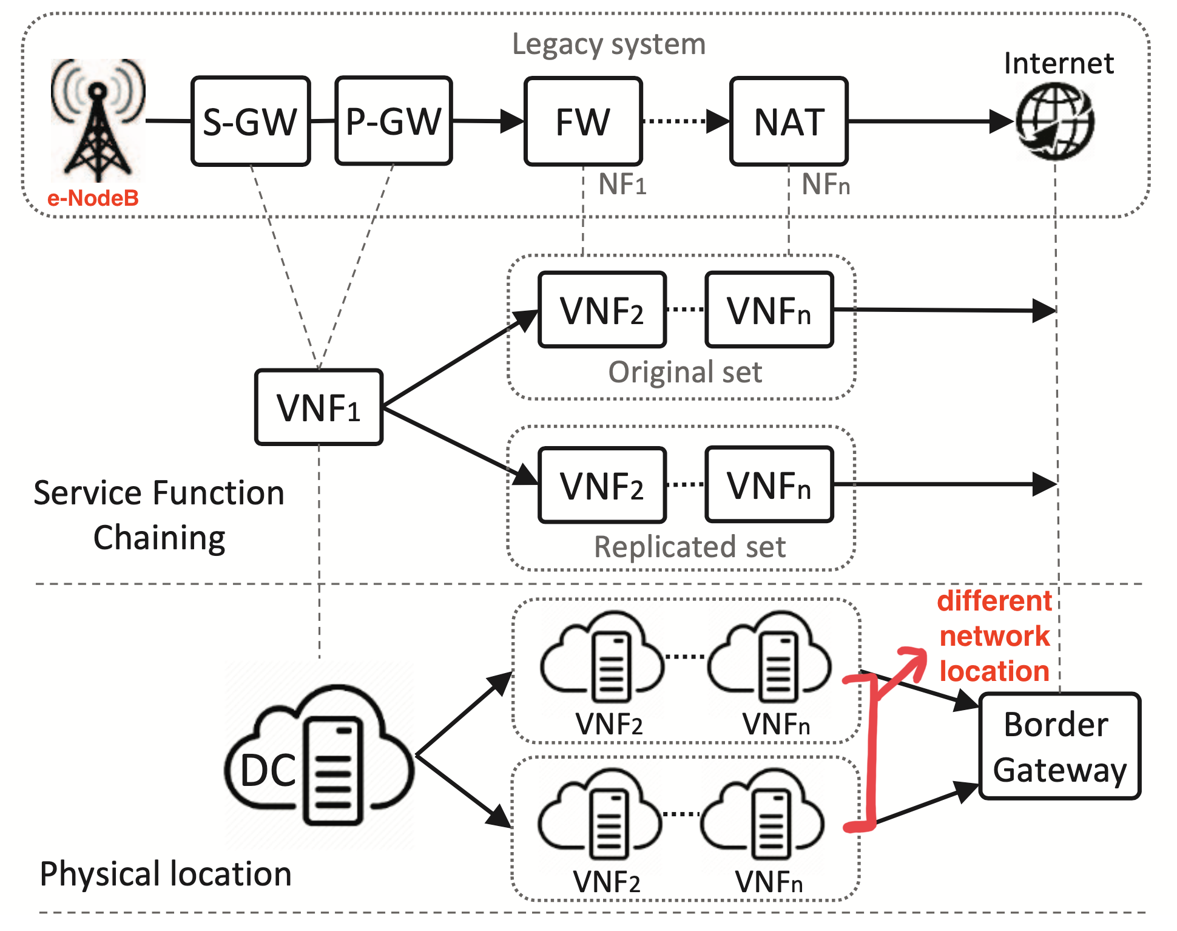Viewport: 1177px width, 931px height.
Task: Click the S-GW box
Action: pyautogui.click(x=251, y=121)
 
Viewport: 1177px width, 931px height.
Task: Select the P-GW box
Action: pyautogui.click(x=394, y=121)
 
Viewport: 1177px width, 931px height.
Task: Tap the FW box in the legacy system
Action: pyautogui.click(x=583, y=121)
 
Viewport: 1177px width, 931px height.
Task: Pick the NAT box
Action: pyautogui.click(x=789, y=121)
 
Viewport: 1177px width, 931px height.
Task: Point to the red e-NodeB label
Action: pyautogui.click(x=93, y=198)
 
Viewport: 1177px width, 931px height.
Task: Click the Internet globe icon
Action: pyautogui.click(x=1055, y=121)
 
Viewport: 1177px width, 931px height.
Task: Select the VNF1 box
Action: pyautogui.click(x=319, y=407)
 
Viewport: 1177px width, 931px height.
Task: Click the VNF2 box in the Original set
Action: pyautogui.click(x=602, y=310)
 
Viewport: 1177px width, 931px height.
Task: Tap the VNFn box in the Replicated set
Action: pyautogui.click(x=769, y=485)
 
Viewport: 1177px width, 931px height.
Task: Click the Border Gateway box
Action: pyautogui.click(x=1060, y=746)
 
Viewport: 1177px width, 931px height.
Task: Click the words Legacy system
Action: pyautogui.click(x=609, y=44)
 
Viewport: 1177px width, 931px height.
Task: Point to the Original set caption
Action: pyautogui.click(x=685, y=372)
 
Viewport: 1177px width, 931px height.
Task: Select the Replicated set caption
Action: pyautogui.click(x=689, y=547)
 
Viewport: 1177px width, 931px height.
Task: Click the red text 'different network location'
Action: pyautogui.click(x=994, y=636)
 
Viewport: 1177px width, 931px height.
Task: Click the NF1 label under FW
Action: pyautogui.click(x=622, y=184)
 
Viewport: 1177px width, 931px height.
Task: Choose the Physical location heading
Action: pyautogui.click(x=165, y=874)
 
